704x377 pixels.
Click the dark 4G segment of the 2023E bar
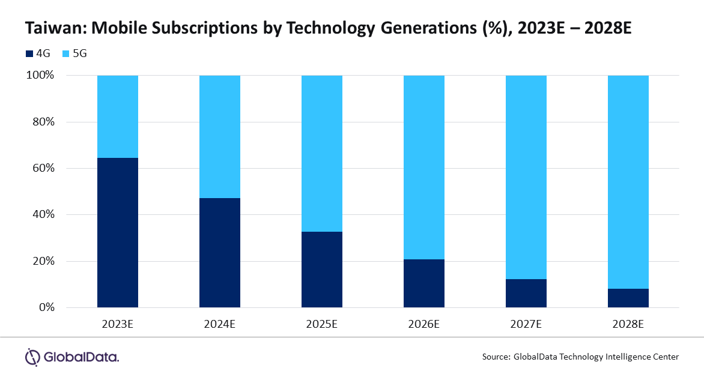pyautogui.click(x=118, y=232)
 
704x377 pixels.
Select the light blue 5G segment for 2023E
pyautogui.click(x=118, y=116)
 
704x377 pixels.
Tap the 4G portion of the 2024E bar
pyautogui.click(x=220, y=253)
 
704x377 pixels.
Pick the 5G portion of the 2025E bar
pyautogui.click(x=322, y=154)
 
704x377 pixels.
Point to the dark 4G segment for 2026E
pyautogui.click(x=424, y=283)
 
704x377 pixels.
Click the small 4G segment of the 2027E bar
pyautogui.click(x=526, y=293)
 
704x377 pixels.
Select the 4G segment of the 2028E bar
pyautogui.click(x=628, y=298)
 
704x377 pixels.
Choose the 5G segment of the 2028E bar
pyautogui.click(x=628, y=182)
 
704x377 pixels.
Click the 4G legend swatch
pyautogui.click(x=29, y=54)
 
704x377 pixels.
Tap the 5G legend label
pyautogui.click(x=80, y=53)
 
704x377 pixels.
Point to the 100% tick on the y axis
pyautogui.click(x=40, y=75)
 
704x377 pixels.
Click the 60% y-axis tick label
pyautogui.click(x=44, y=168)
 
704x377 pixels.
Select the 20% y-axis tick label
pyautogui.click(x=44, y=261)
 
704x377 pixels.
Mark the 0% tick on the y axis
pyautogui.click(x=47, y=307)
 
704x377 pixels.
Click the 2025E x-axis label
pyautogui.click(x=322, y=324)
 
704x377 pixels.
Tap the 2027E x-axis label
pyautogui.click(x=526, y=324)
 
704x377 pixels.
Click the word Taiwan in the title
pyautogui.click(x=55, y=28)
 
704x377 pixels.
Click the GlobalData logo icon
pyautogui.click(x=32, y=357)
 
